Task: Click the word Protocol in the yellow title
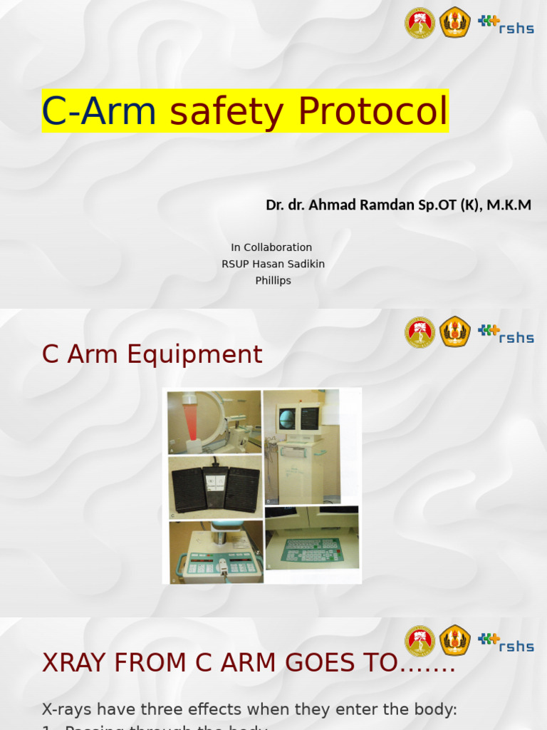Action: coord(373,111)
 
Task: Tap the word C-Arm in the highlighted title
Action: coord(99,111)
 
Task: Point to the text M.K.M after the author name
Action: coord(509,205)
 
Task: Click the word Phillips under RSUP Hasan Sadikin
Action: coord(273,281)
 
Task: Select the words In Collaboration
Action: coord(271,247)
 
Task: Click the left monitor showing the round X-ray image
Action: coord(287,418)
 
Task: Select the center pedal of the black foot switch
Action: coord(214,486)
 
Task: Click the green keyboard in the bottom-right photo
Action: coord(311,549)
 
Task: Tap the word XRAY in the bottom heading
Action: coord(78,663)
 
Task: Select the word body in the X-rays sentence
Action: coord(429,709)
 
